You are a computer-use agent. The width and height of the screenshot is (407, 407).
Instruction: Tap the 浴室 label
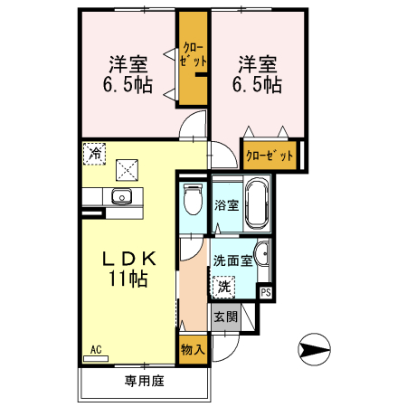[226, 205]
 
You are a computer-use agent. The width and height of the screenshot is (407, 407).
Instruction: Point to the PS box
[265, 292]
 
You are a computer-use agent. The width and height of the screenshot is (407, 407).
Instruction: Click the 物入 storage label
[193, 347]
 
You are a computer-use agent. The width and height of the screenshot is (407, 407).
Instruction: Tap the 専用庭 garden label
[144, 381]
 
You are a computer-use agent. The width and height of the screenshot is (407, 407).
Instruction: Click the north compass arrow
[314, 347]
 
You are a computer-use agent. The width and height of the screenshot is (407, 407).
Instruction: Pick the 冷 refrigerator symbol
[93, 154]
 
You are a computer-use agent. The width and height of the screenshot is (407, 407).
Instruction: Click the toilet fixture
[192, 200]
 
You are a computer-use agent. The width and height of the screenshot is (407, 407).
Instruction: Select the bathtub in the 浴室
[258, 204]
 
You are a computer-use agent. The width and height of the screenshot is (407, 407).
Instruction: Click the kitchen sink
[121, 198]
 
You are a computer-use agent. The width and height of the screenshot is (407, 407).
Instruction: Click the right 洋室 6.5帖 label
[260, 75]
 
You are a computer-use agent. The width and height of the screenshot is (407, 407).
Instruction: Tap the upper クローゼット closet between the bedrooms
[193, 56]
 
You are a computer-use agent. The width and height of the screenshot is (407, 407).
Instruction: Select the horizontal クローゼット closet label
[270, 155]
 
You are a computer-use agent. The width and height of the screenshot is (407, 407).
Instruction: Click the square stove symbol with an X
[128, 166]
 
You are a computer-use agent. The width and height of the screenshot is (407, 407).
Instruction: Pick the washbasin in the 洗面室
[260, 253]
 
